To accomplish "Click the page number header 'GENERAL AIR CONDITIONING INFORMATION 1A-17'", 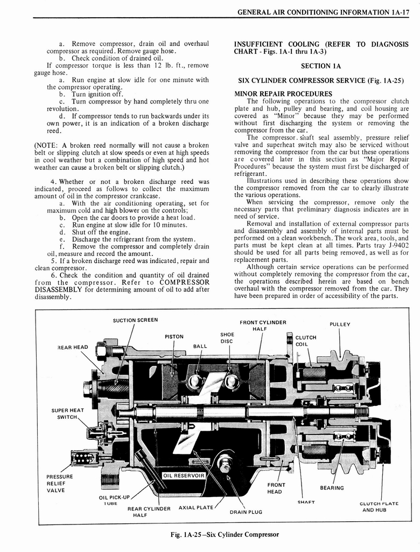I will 324,11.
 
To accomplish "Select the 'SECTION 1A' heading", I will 321,66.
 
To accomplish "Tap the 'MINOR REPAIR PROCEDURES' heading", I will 283,94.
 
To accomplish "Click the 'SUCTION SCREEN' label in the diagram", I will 135,320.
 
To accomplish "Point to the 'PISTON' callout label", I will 174,337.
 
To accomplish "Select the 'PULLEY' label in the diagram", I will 340,324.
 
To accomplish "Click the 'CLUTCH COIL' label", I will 305,341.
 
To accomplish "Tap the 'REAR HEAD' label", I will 73,347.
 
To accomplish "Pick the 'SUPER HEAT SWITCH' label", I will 67,414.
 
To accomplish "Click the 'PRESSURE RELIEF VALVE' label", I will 59,484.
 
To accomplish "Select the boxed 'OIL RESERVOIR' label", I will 184,475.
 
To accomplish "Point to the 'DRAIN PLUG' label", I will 246,512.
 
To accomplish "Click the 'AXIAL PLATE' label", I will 195,507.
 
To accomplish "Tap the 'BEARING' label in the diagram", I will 332,488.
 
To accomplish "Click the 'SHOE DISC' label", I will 227,337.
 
